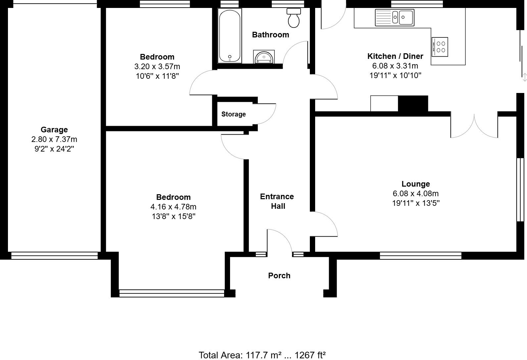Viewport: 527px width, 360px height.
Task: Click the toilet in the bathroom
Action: [x=294, y=18]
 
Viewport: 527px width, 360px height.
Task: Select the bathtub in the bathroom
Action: [x=229, y=35]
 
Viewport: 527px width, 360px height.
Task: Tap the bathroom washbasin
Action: [x=264, y=57]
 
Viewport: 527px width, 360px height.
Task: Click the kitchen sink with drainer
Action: [x=394, y=17]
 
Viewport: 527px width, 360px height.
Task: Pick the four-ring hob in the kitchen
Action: [x=440, y=47]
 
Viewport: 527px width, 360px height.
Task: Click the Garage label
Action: [x=54, y=130]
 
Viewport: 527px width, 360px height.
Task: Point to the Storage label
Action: [x=233, y=114]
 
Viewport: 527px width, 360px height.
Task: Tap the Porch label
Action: [x=279, y=276]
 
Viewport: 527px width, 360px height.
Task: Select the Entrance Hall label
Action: [x=277, y=201]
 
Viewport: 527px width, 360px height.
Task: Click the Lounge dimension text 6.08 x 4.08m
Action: [x=415, y=194]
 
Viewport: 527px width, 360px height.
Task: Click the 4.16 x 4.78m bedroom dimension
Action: [x=173, y=207]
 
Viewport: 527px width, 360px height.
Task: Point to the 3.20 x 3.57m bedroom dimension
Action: [x=157, y=67]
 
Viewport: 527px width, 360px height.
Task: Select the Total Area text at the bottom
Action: [x=262, y=355]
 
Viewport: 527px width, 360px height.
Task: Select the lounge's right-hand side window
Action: [x=520, y=189]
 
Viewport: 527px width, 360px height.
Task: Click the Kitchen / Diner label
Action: [x=395, y=56]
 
